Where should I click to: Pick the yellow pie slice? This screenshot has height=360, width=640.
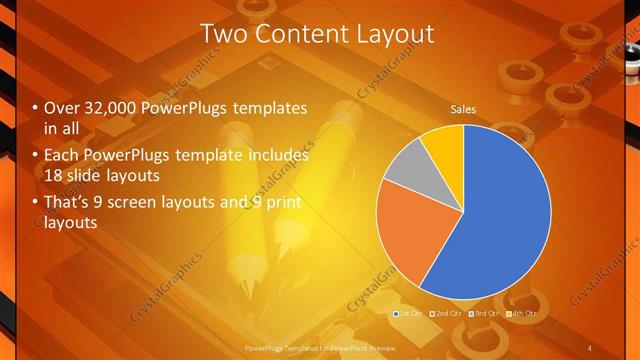[x=443, y=143]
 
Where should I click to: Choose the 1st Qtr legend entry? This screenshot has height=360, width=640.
[x=408, y=314]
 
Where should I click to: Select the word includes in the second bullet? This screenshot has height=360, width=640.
[x=276, y=156]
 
